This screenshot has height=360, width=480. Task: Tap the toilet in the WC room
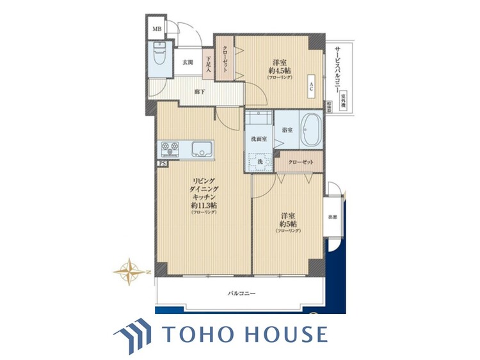tap(160, 58)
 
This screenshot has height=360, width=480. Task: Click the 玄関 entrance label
tap(187, 62)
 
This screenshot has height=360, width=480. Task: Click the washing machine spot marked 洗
tap(260, 162)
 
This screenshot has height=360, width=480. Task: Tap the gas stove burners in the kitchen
tap(171, 149)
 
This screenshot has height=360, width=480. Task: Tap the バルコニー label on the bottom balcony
tap(242, 293)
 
